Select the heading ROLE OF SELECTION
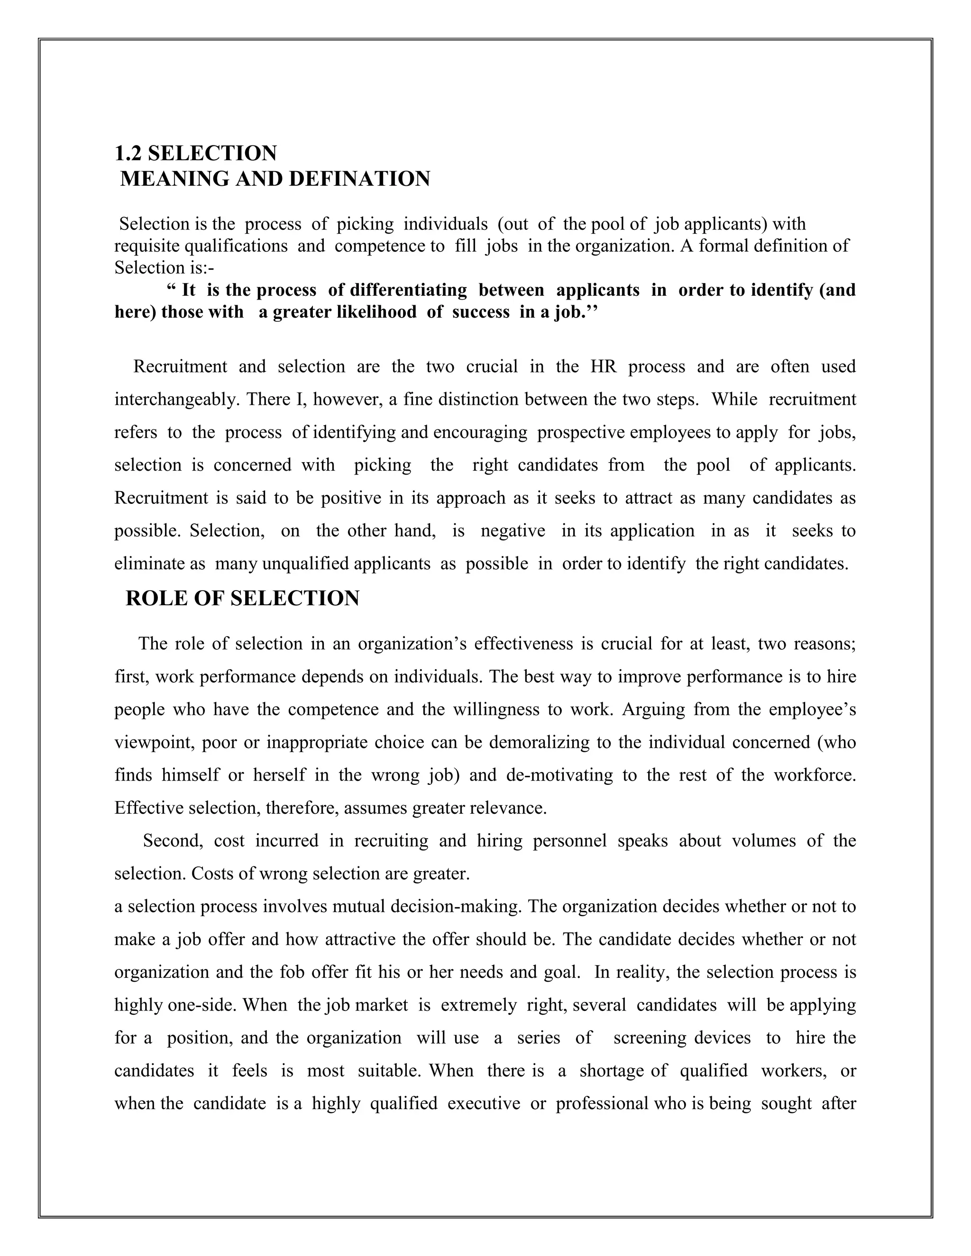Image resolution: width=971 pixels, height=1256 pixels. point(242,598)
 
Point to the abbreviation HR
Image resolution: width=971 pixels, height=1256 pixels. point(604,366)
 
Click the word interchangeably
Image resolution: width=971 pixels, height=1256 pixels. point(176,399)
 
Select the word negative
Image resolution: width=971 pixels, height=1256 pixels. point(513,530)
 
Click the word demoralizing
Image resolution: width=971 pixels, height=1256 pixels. point(539,742)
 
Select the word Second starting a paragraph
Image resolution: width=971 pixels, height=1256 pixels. point(173,840)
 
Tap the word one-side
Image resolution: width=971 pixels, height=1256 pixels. point(202,1005)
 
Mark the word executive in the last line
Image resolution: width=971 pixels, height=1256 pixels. point(483,1103)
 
